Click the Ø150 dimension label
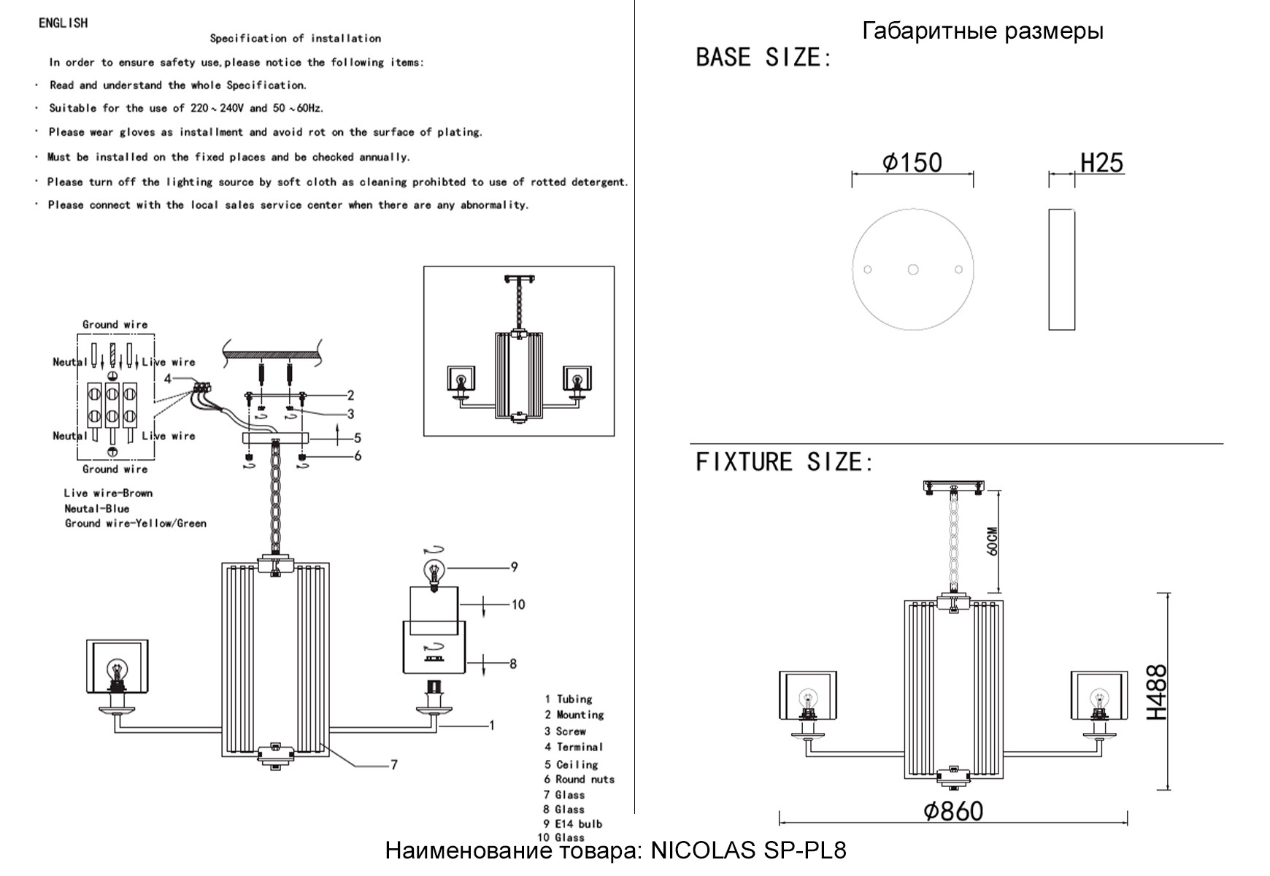point(912,162)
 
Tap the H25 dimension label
point(1101,163)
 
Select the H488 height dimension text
point(1156,691)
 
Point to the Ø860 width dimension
point(953,811)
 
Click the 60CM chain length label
point(992,541)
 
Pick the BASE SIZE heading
point(763,58)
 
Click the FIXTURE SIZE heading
point(784,462)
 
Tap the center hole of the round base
point(913,270)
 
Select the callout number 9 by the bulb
point(514,566)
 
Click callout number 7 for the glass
point(394,765)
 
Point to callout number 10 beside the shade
point(517,604)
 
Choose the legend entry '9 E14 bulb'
point(573,824)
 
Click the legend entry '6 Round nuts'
point(579,780)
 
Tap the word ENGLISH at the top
point(63,23)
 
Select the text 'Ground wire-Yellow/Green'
point(136,523)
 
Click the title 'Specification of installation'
point(296,39)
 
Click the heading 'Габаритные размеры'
point(982,31)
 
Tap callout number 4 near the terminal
point(168,379)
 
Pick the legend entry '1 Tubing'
point(569,699)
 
